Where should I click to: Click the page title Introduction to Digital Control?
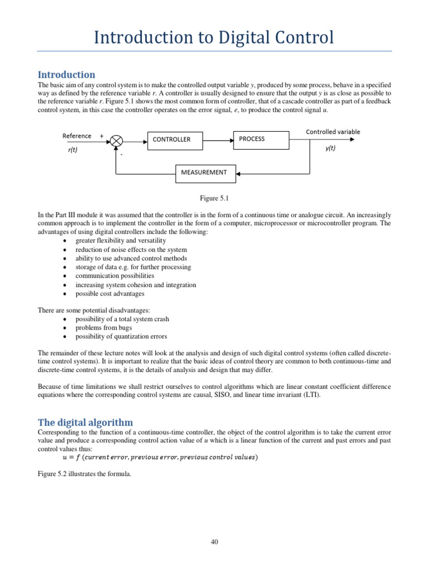214,37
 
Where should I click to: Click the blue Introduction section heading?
66,75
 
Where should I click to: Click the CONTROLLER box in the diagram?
171,140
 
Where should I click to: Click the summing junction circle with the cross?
116,141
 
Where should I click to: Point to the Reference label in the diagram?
77,136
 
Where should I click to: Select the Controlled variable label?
333,132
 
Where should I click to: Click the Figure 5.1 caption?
214,198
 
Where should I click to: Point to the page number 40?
214,542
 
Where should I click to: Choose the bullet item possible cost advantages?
109,293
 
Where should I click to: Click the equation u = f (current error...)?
160,457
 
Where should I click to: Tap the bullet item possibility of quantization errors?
121,337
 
